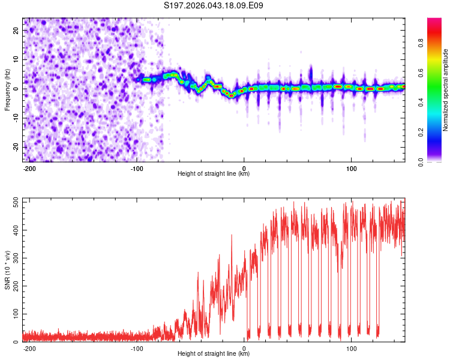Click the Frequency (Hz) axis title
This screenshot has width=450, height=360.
pos(7,90)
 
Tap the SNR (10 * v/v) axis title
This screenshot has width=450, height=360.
pos(7,270)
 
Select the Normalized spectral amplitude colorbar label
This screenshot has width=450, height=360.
pos(445,90)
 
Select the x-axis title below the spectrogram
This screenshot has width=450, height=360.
pos(214,174)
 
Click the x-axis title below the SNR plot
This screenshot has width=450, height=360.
pos(214,354)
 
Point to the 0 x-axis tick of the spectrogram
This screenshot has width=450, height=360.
pos(244,167)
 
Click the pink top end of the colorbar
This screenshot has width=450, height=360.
pos(434,21)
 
